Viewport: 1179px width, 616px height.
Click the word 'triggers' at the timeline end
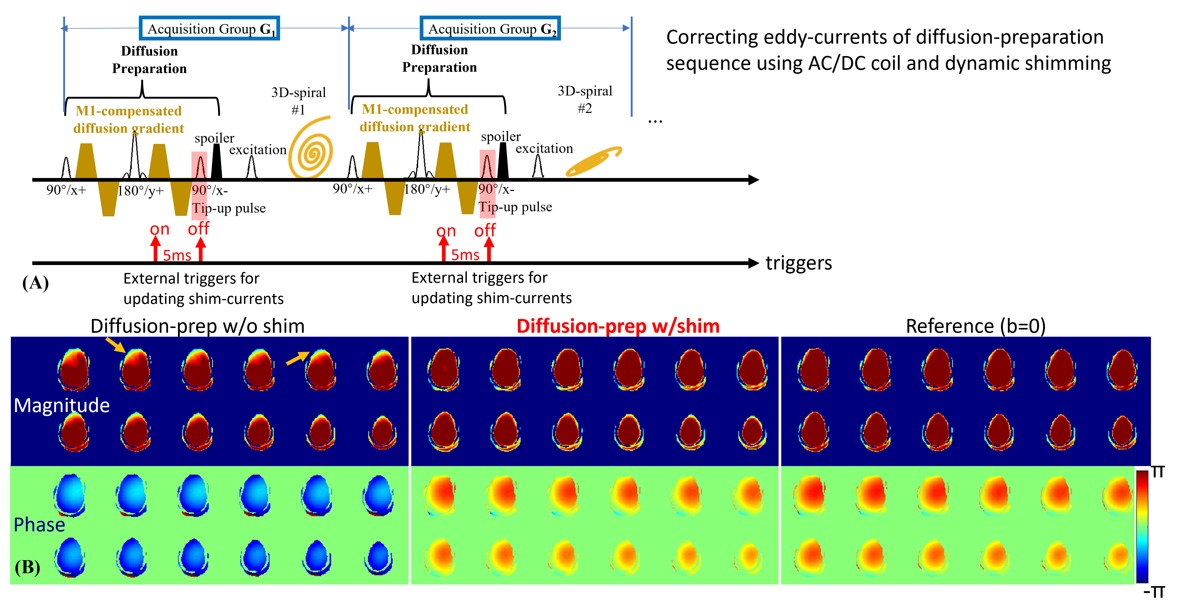pos(799,263)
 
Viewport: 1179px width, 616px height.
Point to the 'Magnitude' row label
pos(62,405)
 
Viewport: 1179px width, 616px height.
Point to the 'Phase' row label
pos(39,524)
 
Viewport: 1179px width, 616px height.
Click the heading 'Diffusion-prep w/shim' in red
pos(618,326)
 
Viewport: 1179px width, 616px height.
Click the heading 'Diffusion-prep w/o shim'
pos(197,326)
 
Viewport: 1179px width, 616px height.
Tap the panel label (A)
pos(35,283)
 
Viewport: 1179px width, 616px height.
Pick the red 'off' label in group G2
pos(485,230)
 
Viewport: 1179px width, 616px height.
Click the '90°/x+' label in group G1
pos(66,190)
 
